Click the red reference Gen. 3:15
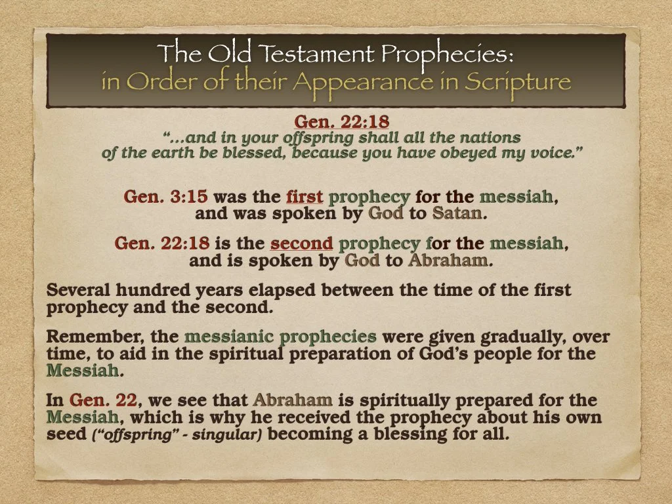click(x=166, y=196)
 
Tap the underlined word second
click(x=302, y=243)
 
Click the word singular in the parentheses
click(x=238, y=434)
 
